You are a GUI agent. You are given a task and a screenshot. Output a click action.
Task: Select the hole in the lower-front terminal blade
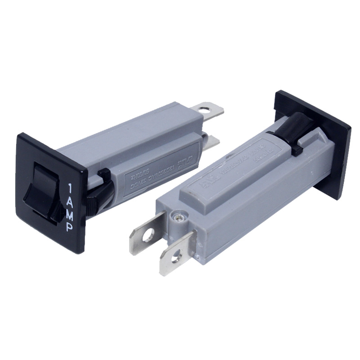coord(176,256)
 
